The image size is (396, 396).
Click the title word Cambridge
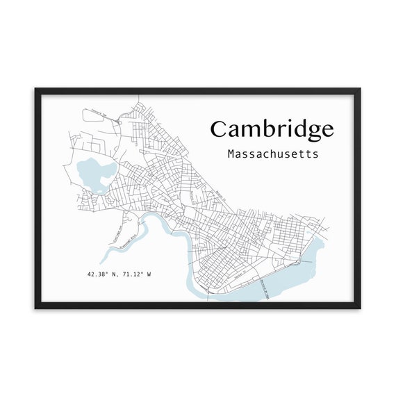(x=272, y=129)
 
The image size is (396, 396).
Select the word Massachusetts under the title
(x=273, y=154)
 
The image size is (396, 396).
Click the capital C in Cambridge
(x=220, y=129)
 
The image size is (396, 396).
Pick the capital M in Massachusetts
(x=231, y=154)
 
